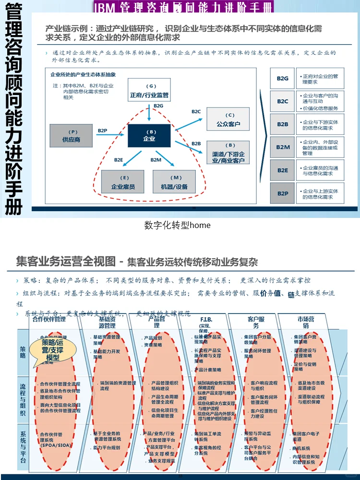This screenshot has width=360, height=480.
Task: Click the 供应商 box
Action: [71, 135]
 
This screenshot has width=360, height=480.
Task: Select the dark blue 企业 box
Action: [149, 135]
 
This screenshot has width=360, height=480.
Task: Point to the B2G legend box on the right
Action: [282, 78]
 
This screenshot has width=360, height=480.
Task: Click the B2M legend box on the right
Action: [282, 147]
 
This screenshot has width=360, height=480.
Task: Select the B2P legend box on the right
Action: [282, 193]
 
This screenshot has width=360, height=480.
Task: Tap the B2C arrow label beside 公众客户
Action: [196, 112]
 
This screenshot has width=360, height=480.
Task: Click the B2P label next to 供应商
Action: [103, 131]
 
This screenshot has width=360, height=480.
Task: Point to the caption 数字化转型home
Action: [177, 225]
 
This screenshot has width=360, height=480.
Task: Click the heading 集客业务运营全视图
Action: [66, 262]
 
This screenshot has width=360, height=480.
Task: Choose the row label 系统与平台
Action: [23, 447]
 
